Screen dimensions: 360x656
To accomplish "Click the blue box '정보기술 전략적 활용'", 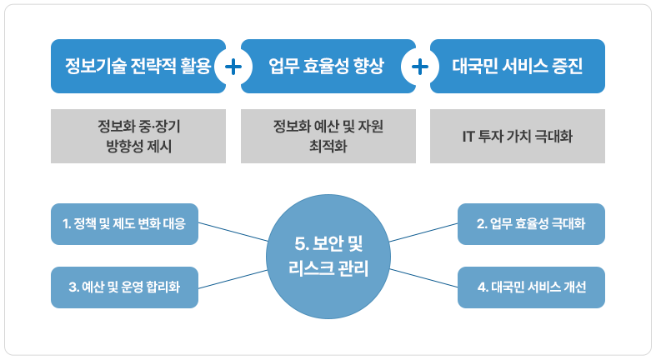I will [133, 66].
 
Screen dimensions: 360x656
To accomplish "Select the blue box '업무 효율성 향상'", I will [326, 66].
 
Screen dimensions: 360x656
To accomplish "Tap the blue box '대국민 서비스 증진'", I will [517, 66].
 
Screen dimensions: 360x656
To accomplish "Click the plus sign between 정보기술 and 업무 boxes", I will [233, 66].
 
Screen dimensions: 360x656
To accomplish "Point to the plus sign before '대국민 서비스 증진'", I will [422, 66].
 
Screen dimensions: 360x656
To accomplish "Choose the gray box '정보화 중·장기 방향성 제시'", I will [138, 136].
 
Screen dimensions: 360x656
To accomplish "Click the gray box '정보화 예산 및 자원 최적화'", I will [328, 136].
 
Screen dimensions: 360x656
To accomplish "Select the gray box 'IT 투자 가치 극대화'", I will [518, 136].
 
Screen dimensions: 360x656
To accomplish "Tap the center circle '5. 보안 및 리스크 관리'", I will [328, 256].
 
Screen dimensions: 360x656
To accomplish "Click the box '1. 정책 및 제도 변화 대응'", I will [124, 223].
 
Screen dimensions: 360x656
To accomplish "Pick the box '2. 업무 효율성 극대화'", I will [532, 223].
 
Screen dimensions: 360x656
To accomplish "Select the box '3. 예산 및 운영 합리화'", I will [124, 287].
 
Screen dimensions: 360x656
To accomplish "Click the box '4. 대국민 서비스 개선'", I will [532, 287].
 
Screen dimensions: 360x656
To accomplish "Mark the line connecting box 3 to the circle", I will [233, 279].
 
